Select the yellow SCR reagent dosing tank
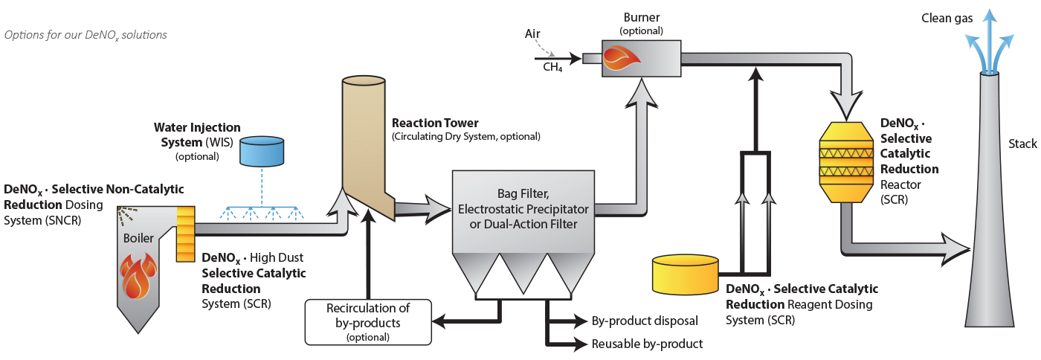tap(685, 274)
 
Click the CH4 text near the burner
tap(552, 67)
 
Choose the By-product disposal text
tap(644, 321)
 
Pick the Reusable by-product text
tap(646, 344)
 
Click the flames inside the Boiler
tap(139, 277)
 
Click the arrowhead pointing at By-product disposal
tap(579, 321)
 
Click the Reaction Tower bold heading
tap(435, 123)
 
